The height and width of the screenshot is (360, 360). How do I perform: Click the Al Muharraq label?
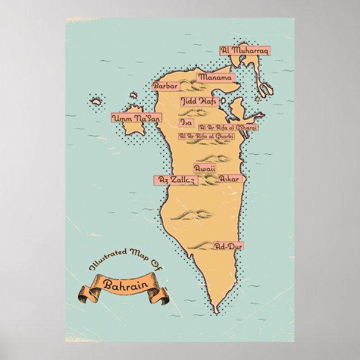point(245,50)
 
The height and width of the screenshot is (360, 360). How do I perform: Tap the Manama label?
point(214,77)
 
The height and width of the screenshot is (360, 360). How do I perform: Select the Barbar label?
point(164,86)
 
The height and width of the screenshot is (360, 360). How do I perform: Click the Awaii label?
point(204,168)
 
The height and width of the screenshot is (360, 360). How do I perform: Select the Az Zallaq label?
point(174,179)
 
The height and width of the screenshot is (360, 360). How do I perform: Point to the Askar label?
point(230,179)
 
